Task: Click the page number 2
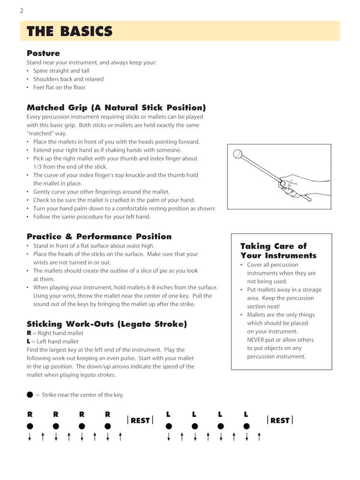[x=22, y=11]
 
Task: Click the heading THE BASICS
[x=70, y=31]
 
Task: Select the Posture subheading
[x=43, y=53]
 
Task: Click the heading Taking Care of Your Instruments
[x=278, y=251]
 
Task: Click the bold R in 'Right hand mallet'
[x=29, y=333]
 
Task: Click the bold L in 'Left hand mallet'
[x=29, y=341]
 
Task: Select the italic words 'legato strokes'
[x=97, y=375]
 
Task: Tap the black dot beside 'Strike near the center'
[x=30, y=395]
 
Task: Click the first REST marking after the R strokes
[x=140, y=420]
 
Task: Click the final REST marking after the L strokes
[x=280, y=420]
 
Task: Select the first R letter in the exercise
[x=30, y=415]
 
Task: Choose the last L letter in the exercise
[x=246, y=415]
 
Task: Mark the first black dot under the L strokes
[x=169, y=426]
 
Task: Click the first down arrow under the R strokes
[x=30, y=437]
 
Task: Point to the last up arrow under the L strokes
[x=259, y=437]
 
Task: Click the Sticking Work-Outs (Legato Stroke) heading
[x=107, y=324]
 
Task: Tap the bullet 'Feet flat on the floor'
[x=59, y=87]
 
